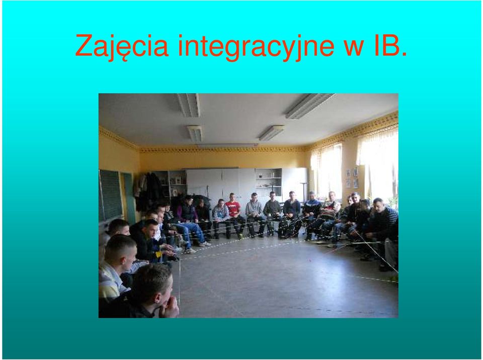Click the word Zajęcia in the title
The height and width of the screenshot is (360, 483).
pos(122,46)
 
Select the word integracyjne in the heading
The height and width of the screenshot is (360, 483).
pos(256,46)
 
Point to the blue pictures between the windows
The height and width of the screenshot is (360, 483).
pos(352,178)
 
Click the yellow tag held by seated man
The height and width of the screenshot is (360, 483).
pos(158,254)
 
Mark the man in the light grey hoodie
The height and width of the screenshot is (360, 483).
pos(220,216)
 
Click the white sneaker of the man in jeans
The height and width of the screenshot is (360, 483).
pos(205,244)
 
